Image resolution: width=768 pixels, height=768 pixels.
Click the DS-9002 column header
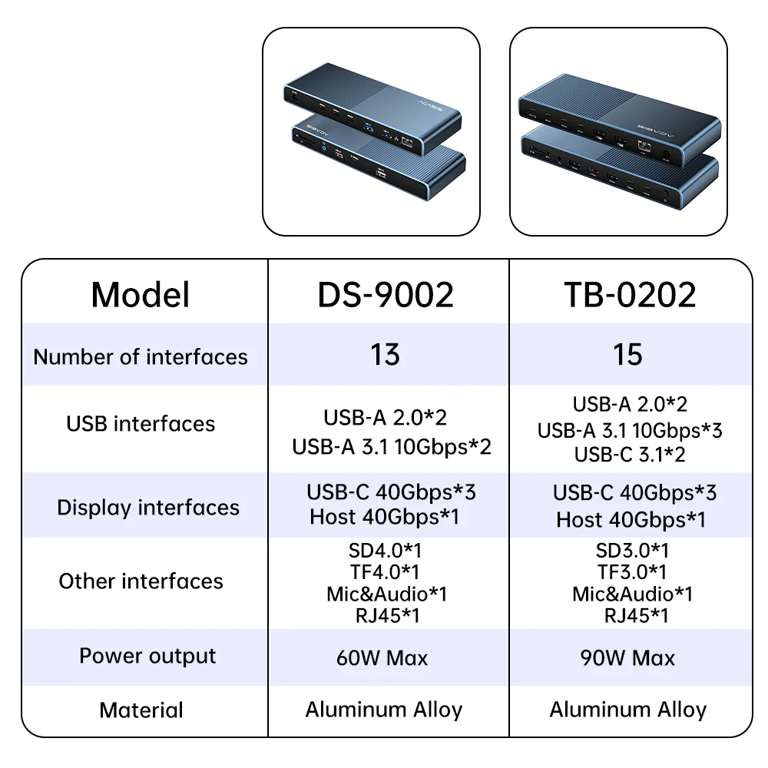[x=386, y=295]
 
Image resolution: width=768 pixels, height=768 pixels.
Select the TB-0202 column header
[x=630, y=295]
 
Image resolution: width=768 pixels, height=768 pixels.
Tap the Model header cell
[x=141, y=295]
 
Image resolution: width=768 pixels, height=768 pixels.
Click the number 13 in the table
[x=385, y=355]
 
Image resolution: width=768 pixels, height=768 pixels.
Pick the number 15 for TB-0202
[x=627, y=355]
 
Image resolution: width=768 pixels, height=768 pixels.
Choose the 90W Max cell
[x=628, y=658]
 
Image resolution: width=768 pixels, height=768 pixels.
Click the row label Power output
[x=147, y=657]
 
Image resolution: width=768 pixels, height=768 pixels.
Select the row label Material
[x=141, y=710]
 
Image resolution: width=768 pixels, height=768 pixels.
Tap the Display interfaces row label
[x=148, y=508]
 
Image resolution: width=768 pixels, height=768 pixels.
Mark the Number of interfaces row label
[x=141, y=356]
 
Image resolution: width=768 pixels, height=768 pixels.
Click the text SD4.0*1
[x=385, y=551]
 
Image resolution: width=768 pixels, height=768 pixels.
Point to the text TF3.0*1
[x=632, y=572]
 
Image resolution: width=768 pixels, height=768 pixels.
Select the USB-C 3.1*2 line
[x=630, y=455]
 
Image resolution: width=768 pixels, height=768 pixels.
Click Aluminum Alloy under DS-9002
[x=384, y=710]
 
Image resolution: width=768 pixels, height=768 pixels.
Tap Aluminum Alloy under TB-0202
[x=628, y=710]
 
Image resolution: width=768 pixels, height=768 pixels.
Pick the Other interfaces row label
[x=141, y=581]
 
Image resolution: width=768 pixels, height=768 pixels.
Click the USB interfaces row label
[x=141, y=424]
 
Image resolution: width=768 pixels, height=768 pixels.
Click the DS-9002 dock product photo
[x=372, y=132]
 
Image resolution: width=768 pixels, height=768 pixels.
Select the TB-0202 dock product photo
[x=618, y=132]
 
